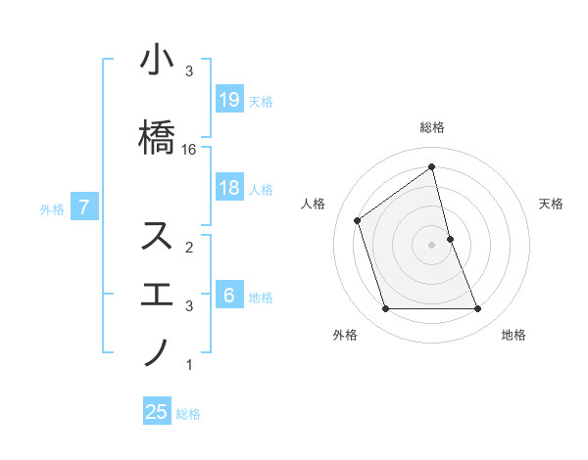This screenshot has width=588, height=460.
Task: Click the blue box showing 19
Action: coord(228,100)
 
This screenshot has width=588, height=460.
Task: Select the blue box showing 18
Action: coord(228,188)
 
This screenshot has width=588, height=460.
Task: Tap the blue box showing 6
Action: coord(228,296)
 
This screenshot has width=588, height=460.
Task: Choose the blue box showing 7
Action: coord(84,207)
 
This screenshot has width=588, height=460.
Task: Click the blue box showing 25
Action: coord(157,412)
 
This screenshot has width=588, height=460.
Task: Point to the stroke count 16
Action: coord(189,150)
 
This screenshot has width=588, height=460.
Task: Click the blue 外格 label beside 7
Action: coord(52,208)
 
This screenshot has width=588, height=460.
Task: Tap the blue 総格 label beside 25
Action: coord(188,414)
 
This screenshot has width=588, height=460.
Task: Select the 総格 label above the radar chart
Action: coord(432,127)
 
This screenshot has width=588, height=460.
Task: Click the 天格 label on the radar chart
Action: coord(552,204)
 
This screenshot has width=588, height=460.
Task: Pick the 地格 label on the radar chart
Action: coord(514,335)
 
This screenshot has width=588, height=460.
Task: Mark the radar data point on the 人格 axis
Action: coord(358,220)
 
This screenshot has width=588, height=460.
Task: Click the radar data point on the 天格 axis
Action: coord(450,239)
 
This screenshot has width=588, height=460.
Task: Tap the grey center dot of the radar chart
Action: coord(432,245)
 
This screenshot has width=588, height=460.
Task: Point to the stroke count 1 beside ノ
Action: coord(189,365)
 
